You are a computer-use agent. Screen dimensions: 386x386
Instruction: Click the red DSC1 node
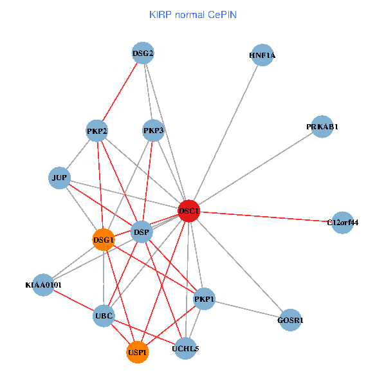click(x=188, y=211)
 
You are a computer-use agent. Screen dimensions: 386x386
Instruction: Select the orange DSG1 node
click(x=104, y=240)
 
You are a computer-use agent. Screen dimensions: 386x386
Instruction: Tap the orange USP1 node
click(x=138, y=353)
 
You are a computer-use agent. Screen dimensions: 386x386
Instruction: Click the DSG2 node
click(x=143, y=53)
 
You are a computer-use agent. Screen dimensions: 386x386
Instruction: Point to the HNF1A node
click(x=262, y=55)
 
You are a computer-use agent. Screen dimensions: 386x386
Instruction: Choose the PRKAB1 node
click(x=322, y=127)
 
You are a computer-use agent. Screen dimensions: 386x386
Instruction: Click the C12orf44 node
click(x=342, y=223)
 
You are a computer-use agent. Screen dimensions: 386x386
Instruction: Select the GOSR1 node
click(x=290, y=320)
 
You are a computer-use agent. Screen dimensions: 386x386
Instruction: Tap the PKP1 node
click(x=204, y=298)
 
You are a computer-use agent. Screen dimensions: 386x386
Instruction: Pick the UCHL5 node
click(x=185, y=349)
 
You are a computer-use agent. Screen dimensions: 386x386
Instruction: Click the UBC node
click(x=104, y=316)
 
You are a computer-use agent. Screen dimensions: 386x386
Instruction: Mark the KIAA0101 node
click(x=43, y=284)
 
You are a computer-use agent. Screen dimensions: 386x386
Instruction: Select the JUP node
click(x=59, y=178)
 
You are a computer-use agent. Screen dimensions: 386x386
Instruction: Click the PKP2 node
click(x=97, y=131)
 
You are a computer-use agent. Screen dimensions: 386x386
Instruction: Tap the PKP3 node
click(x=154, y=131)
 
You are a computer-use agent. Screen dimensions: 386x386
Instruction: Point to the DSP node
click(x=141, y=232)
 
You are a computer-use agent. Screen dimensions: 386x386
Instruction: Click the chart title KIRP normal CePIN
click(x=193, y=14)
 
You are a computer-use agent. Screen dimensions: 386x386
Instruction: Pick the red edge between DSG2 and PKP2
click(x=120, y=92)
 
